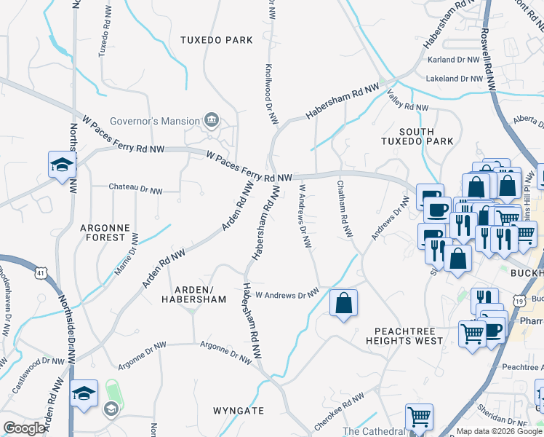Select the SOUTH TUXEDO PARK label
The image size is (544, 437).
coord(417,137)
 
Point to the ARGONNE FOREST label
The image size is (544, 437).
coord(105,233)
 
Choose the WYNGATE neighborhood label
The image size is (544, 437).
coord(239,411)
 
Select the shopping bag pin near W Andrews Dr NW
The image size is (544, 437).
coord(343,303)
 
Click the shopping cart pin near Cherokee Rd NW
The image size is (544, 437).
coord(418,417)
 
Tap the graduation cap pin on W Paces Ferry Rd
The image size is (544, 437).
coord(62,165)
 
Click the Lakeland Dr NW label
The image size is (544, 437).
coord(455,78)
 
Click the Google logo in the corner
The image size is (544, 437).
coord(24,428)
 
